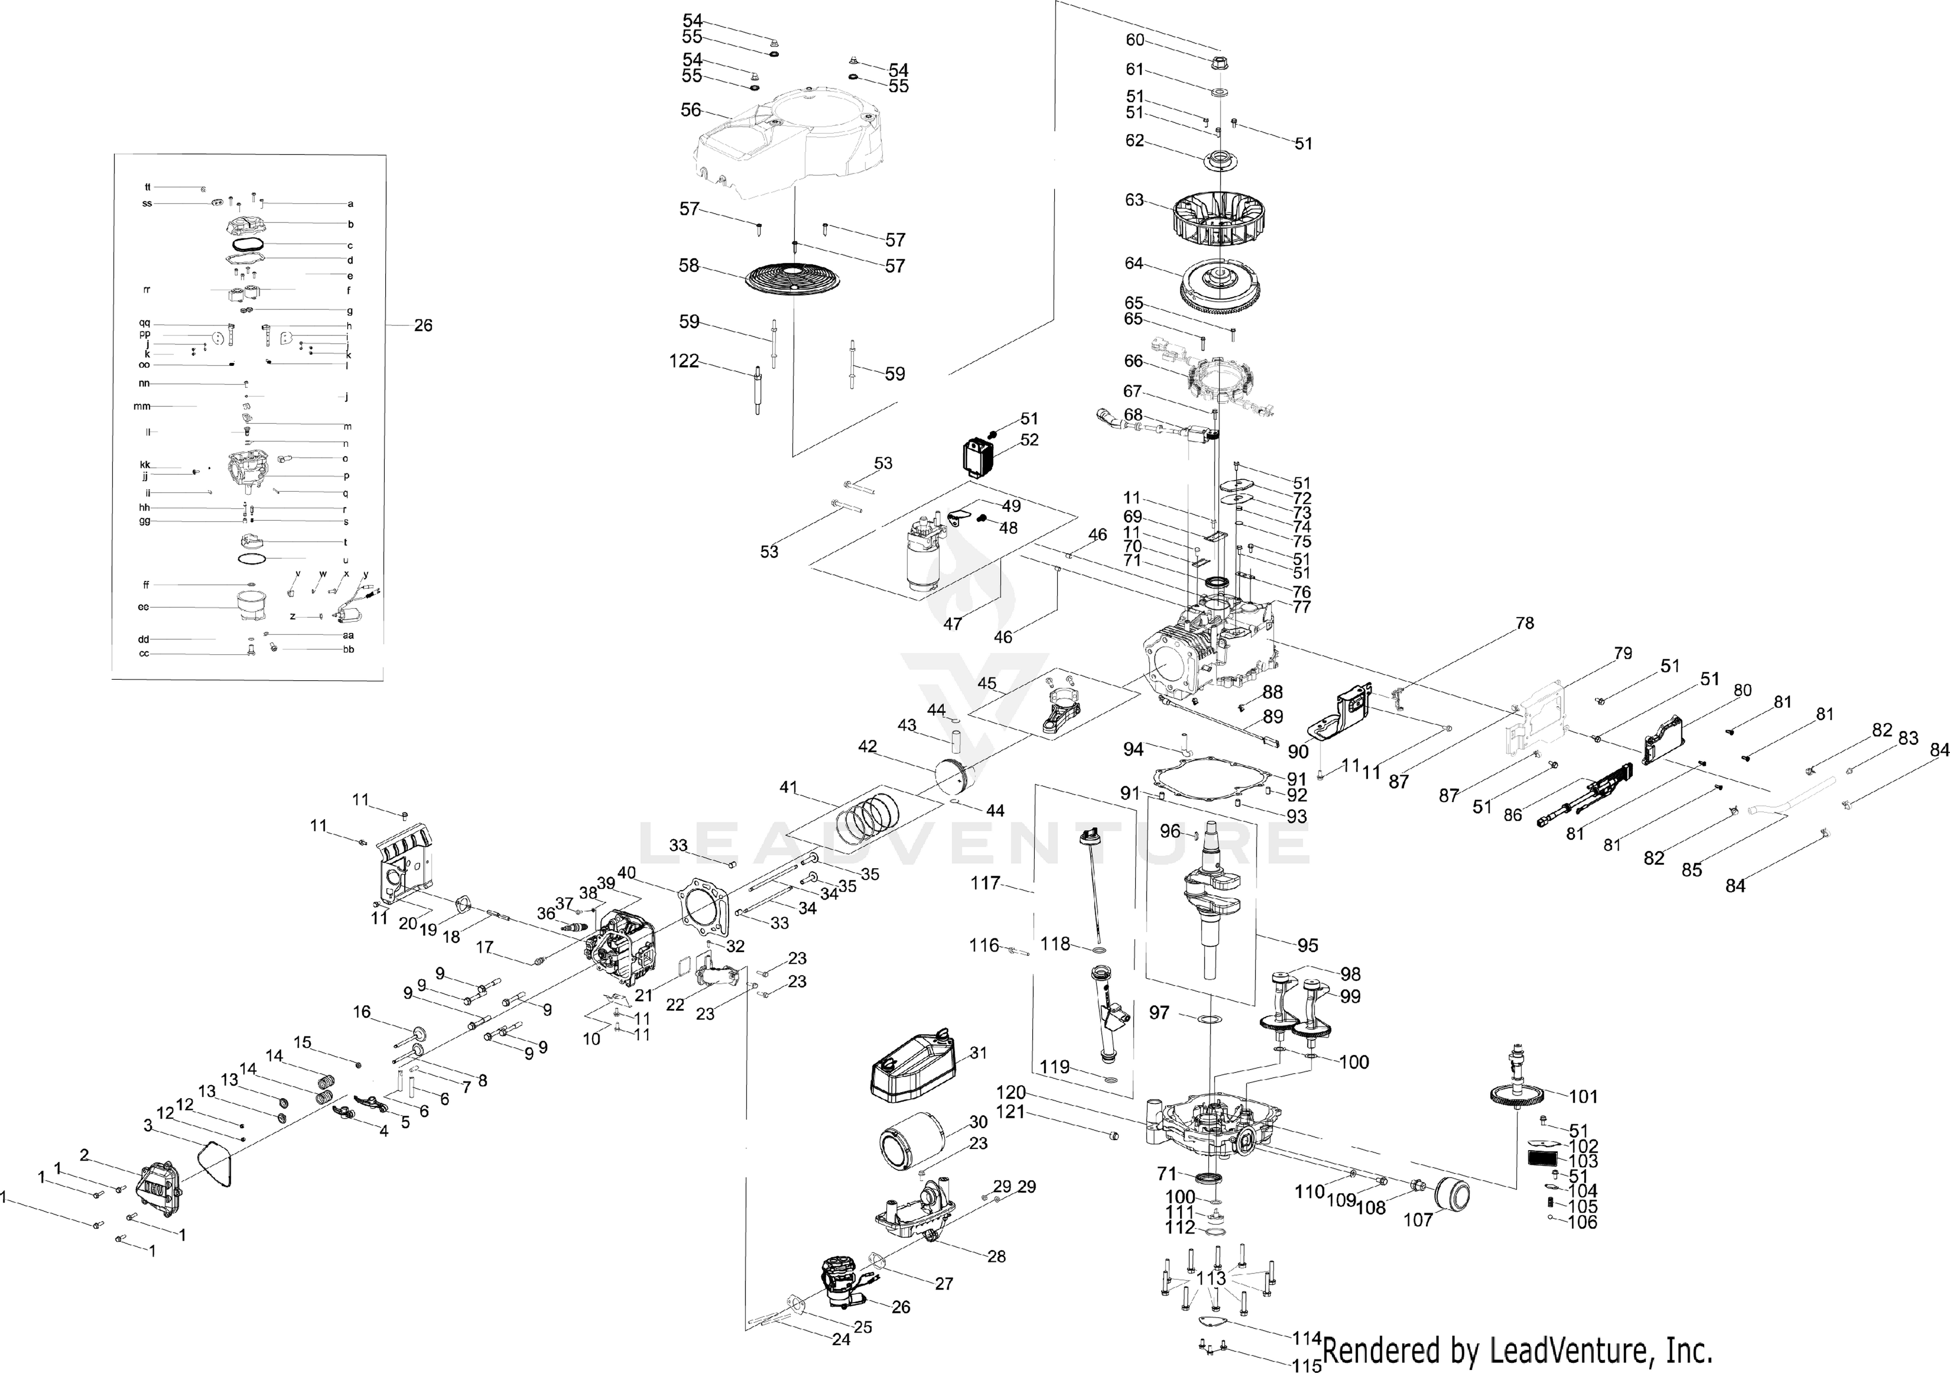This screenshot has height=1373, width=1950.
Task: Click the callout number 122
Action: (683, 361)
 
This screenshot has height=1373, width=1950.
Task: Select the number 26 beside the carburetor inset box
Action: (423, 325)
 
